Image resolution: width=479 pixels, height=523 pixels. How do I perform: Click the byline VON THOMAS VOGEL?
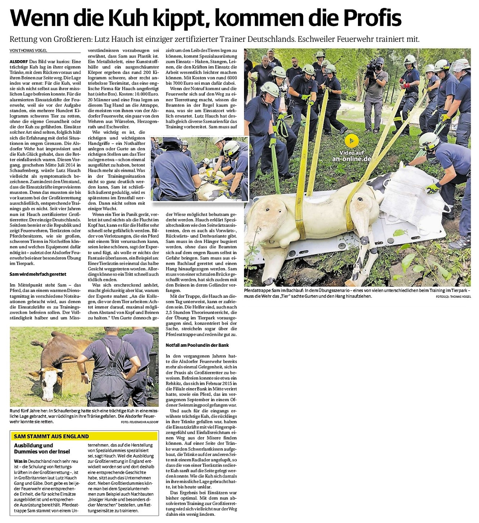coord(28,51)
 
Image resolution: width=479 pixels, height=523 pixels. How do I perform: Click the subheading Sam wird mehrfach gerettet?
coord(38,274)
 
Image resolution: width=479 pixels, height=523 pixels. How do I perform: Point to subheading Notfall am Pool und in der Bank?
coord(197,345)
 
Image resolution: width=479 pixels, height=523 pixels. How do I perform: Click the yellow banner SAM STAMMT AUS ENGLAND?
coord(51,436)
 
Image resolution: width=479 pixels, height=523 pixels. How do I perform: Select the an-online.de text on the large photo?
coord(351,159)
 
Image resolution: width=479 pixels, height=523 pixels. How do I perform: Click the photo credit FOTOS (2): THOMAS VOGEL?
coord(453,297)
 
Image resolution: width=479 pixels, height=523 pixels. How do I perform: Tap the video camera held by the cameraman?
coord(371,69)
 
